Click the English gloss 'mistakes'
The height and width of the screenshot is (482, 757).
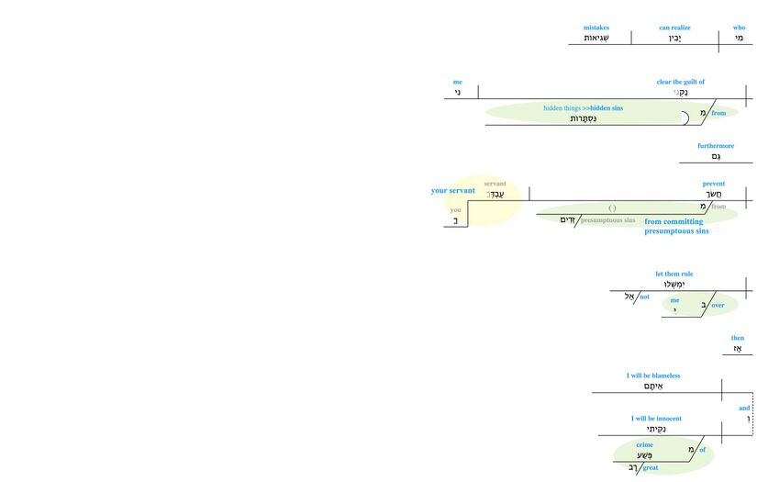596,28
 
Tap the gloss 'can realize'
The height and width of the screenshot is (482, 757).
674,28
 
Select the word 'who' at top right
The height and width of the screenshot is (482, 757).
739,28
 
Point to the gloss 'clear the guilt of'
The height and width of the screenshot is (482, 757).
680,82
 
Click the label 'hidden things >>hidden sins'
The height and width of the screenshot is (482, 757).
583,108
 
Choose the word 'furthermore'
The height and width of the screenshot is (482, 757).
716,145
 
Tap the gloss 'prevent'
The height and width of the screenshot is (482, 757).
714,184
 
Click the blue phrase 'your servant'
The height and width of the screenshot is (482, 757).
453,191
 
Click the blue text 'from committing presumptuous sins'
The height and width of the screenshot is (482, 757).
676,227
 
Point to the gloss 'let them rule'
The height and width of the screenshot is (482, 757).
674,274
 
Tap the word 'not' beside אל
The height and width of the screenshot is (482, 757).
644,297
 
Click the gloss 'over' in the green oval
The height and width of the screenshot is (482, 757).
718,305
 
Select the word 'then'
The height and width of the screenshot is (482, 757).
738,338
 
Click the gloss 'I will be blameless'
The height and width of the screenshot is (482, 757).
653,376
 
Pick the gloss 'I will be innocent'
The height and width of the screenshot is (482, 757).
656,419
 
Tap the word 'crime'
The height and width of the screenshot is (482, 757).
644,445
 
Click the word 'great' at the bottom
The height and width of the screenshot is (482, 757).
651,468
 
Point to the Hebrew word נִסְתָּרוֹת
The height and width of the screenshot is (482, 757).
584,118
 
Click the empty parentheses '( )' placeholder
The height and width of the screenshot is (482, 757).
612,208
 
